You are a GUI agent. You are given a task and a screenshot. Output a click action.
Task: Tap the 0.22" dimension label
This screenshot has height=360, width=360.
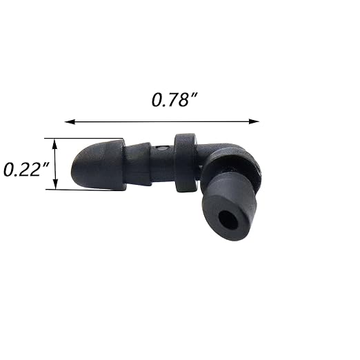point(25,168)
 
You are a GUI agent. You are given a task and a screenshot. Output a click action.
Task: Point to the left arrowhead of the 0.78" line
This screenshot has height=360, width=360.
point(68,121)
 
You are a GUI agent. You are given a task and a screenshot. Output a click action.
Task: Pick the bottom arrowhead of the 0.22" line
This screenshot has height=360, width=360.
point(56,186)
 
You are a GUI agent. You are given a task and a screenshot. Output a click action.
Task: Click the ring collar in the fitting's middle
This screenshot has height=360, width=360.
point(184,162)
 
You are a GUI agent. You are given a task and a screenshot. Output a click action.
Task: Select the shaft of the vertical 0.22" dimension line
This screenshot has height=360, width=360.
point(56,164)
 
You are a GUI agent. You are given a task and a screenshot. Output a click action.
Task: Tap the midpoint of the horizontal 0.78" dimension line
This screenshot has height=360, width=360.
point(162,121)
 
